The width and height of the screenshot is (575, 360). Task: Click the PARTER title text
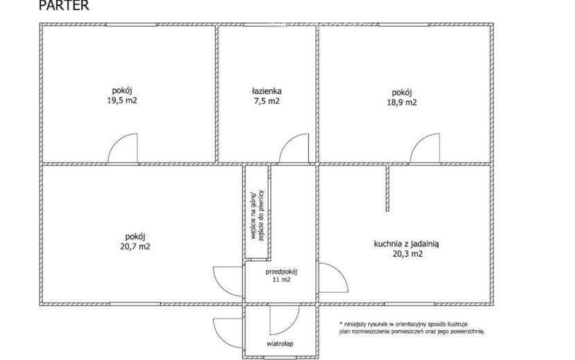pos(64,6)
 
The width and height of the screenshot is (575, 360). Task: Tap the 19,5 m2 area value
pos(122,100)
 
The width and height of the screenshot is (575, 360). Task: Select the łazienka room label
pos(267,91)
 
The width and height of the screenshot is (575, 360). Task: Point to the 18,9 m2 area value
pos(402,102)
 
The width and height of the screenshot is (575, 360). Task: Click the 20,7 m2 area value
pos(135,246)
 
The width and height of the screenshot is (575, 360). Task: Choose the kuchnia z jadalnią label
pos(407,244)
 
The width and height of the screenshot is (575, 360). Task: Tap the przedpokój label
pos(281,272)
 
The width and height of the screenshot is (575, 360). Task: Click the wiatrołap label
pos(280,344)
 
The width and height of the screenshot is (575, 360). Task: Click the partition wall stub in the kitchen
pos(387,188)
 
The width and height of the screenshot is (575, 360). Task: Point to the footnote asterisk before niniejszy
pos(341,323)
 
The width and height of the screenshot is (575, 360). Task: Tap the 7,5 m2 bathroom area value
pos(267,101)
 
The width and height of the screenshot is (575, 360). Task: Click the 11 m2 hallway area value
pos(281,280)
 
